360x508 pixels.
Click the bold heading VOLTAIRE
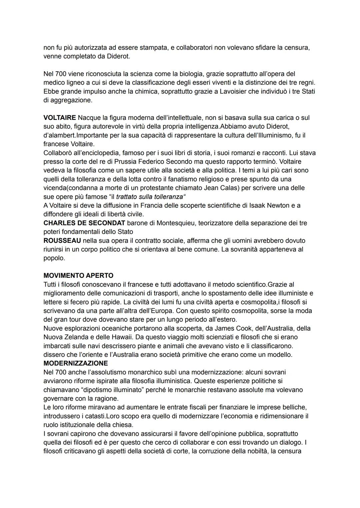(x=59, y=118)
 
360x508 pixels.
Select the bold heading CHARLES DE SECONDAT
(x=84, y=223)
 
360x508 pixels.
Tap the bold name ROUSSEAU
(x=62, y=241)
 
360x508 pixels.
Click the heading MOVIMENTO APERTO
(x=78, y=275)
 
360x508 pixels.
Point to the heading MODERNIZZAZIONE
(x=76, y=363)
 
